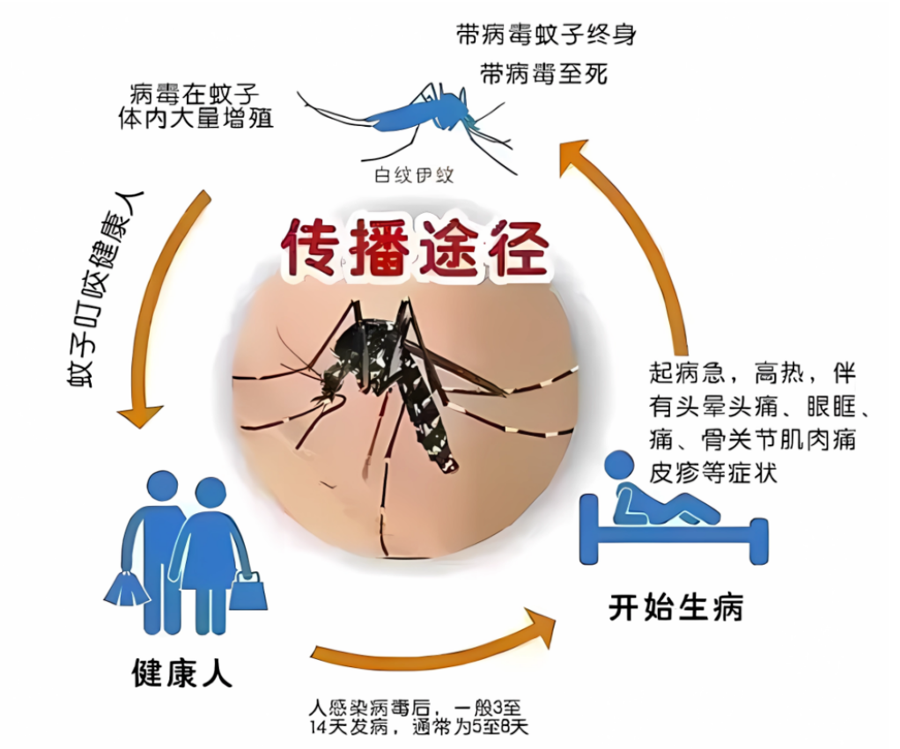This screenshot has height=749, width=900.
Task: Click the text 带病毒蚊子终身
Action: [x=546, y=35]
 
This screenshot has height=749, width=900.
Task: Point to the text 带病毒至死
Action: [x=544, y=74]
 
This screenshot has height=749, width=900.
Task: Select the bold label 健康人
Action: [x=181, y=673]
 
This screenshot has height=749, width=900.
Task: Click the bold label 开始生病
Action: [x=676, y=606]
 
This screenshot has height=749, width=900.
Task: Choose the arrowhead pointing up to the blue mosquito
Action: [x=573, y=154]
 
